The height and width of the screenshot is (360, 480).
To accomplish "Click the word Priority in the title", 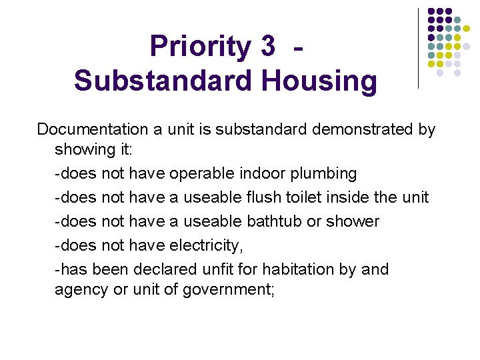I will (x=197, y=46).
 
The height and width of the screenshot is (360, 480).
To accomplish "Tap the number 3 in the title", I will (x=267, y=46).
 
